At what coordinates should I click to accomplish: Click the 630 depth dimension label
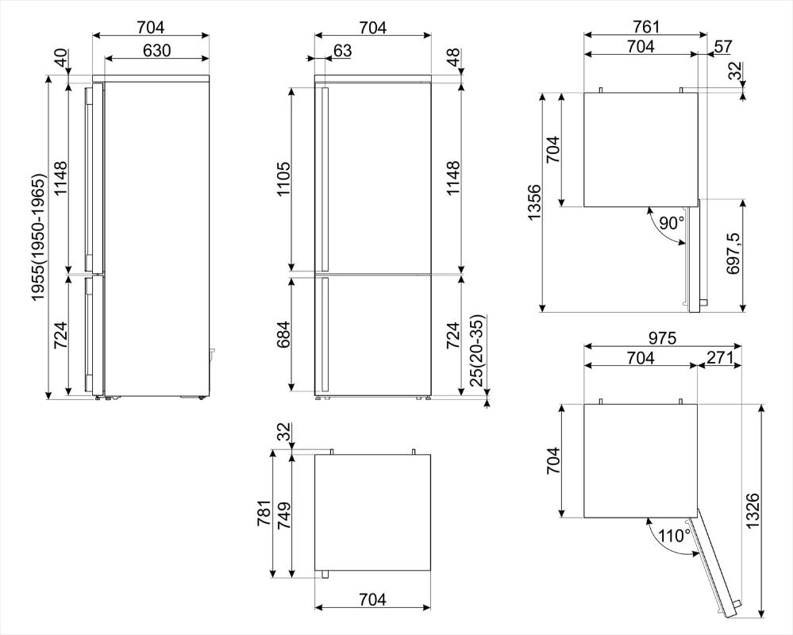click(157, 51)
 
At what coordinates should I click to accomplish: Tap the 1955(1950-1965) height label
click(40, 238)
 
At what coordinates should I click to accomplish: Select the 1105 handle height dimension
click(283, 179)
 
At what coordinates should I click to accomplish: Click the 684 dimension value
click(283, 334)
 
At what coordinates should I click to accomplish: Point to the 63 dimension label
click(342, 51)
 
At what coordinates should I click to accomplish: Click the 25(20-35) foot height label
click(477, 350)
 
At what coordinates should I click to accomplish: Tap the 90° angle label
click(671, 222)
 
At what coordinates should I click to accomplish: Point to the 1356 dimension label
click(534, 202)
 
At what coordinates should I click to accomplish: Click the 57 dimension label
click(723, 47)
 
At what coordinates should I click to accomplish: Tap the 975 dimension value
click(663, 337)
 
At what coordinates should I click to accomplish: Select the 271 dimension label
click(720, 357)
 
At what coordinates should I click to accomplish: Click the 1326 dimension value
click(753, 510)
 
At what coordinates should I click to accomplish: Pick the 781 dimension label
click(264, 513)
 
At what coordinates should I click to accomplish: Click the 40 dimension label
click(60, 58)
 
